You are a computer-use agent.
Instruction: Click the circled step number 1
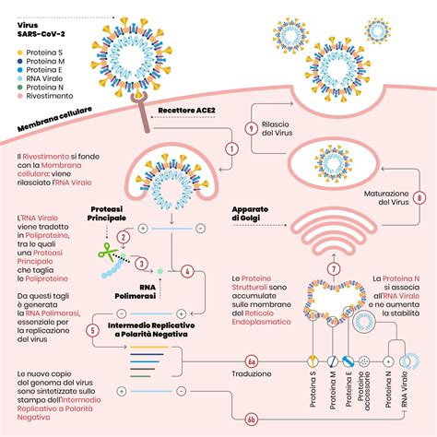point(231,148)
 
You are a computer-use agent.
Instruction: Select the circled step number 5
point(92,329)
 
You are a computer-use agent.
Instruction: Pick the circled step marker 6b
point(251,419)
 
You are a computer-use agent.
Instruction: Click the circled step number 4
point(188,272)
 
